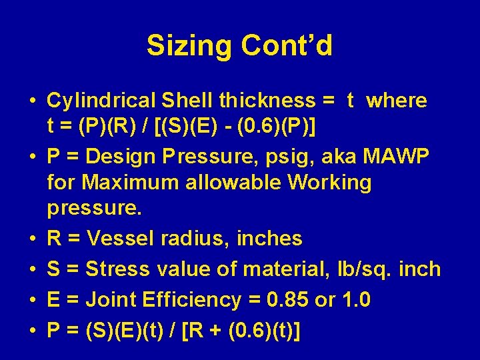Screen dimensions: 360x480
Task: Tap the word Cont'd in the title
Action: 287,46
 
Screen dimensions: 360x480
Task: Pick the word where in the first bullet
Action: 397,101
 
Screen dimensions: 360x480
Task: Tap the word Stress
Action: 119,269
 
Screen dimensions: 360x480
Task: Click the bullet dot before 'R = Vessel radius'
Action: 32,239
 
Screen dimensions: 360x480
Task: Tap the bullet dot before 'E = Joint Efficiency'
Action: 32,301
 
